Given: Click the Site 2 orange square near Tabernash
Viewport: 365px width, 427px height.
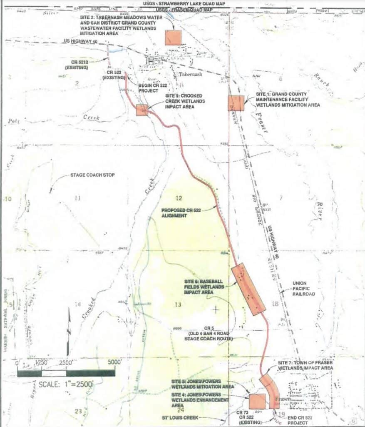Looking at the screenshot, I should (173, 38).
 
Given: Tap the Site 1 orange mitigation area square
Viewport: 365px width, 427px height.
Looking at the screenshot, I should (236, 103).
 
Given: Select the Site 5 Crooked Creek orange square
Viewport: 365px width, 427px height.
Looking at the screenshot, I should (142, 110).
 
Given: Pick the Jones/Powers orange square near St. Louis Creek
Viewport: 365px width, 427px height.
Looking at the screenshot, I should (257, 401).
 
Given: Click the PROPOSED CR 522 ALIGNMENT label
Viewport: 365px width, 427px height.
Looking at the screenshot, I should (181, 213).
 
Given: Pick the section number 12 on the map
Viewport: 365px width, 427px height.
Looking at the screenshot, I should (179, 198).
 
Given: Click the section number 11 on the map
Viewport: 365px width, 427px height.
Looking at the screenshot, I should (77, 198).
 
